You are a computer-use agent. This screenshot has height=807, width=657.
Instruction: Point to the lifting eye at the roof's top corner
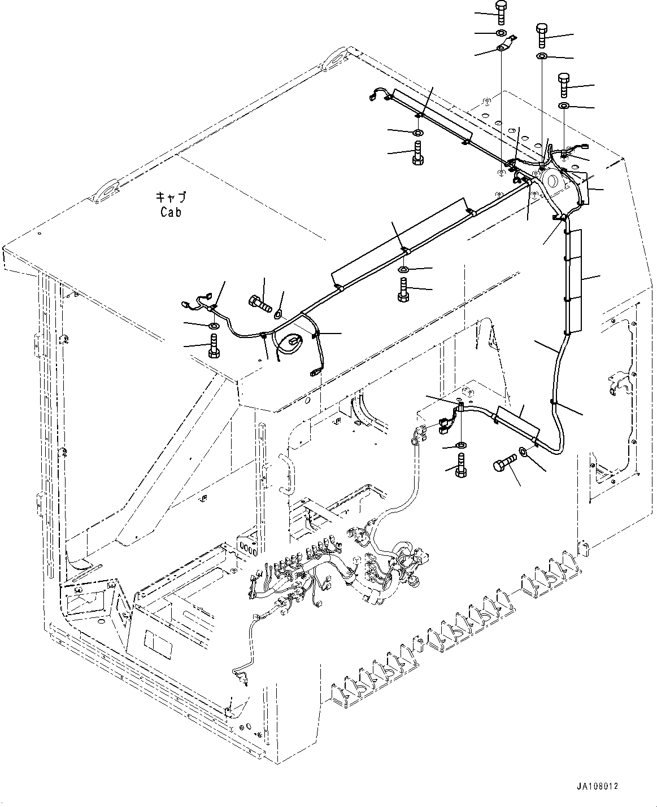pyautogui.click(x=337, y=59)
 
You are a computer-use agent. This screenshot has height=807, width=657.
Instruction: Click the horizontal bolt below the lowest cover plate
pyautogui.click(x=505, y=463)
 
